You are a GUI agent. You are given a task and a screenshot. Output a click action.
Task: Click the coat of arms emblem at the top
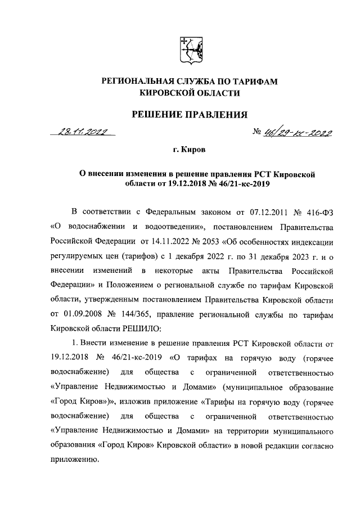click(x=189, y=50)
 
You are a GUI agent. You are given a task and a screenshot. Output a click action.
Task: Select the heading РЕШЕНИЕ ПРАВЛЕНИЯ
click(x=190, y=115)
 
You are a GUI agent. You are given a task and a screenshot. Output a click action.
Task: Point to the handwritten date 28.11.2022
click(x=83, y=132)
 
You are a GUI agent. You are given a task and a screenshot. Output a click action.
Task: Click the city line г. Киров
click(x=189, y=151)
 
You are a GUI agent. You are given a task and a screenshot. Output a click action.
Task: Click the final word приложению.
click(x=75, y=459)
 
